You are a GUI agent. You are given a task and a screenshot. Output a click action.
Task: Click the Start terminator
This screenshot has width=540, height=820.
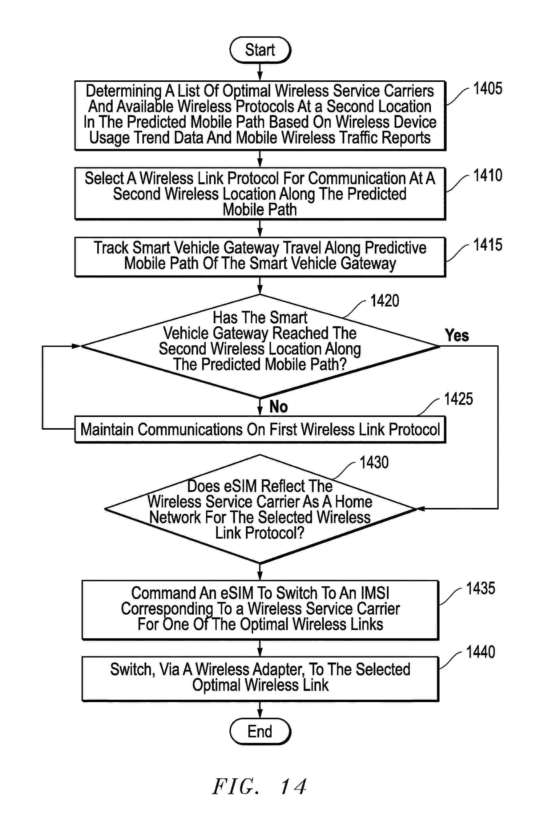[x=260, y=50]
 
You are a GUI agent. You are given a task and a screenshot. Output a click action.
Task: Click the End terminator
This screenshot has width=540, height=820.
[x=260, y=731]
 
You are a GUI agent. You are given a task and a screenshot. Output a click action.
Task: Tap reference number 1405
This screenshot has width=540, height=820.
[x=488, y=89]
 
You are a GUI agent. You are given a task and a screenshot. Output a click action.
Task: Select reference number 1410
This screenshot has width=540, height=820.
[x=488, y=175]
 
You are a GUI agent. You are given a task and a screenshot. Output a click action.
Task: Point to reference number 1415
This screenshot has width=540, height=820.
[x=488, y=245]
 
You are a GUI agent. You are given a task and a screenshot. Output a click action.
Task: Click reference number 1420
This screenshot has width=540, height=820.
[x=385, y=301]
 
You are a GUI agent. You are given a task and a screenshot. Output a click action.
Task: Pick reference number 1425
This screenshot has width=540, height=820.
[x=458, y=399]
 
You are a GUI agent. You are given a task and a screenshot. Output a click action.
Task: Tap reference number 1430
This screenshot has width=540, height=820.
[x=374, y=462]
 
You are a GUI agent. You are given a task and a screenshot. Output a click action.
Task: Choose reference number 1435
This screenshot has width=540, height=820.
[x=480, y=588]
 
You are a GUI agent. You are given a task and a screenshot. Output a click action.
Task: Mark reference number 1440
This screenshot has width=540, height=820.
[x=480, y=652]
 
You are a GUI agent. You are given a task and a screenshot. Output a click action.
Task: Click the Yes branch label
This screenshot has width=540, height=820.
[x=457, y=335]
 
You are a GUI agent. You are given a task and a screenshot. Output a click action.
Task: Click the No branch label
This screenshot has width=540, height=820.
[x=278, y=407]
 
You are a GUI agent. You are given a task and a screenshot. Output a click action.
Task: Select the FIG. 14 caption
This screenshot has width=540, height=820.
[x=259, y=787]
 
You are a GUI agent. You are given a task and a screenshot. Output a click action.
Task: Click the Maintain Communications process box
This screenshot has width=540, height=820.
[x=260, y=429]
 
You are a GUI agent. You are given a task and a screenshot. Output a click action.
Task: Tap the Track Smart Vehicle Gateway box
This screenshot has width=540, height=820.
[x=260, y=257]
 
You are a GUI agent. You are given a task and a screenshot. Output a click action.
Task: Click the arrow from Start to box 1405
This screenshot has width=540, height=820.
[x=260, y=72]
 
